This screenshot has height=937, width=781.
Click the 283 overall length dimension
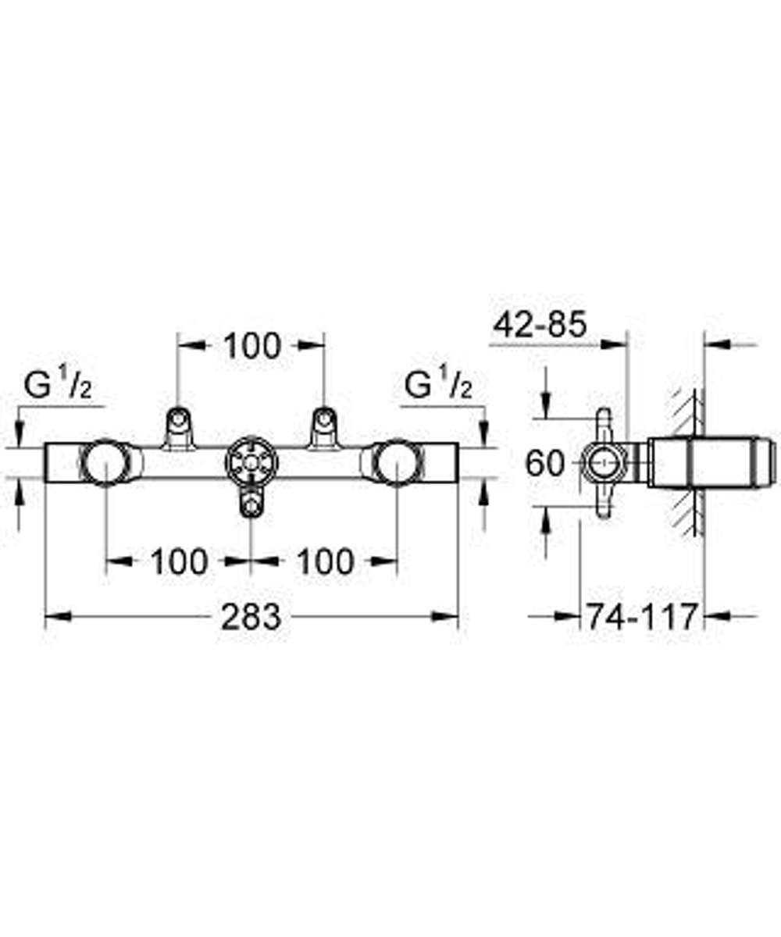coord(250,617)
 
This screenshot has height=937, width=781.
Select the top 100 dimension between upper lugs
coord(251,346)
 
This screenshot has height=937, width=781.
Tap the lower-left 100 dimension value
coord(179,561)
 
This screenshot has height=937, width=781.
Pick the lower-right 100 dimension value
coord(325,561)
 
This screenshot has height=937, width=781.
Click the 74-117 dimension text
coord(641,617)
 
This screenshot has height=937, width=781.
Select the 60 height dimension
coord(545,464)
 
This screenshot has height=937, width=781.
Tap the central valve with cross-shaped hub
coord(251,464)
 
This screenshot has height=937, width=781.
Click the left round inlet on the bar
coord(105,462)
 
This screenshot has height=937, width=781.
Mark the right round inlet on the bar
coord(396,462)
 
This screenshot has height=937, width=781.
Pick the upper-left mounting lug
coord(178,428)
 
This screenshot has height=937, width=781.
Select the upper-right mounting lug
coord(323,428)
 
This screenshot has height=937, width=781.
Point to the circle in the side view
coord(604,464)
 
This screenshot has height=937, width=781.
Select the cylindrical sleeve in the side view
coord(711,463)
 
